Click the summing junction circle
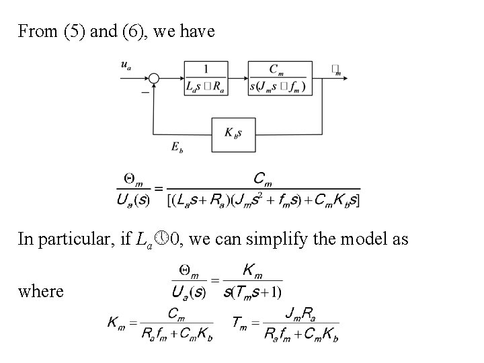(x=154, y=79)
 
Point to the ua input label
(x=125, y=65)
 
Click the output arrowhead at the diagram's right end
(x=344, y=79)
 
